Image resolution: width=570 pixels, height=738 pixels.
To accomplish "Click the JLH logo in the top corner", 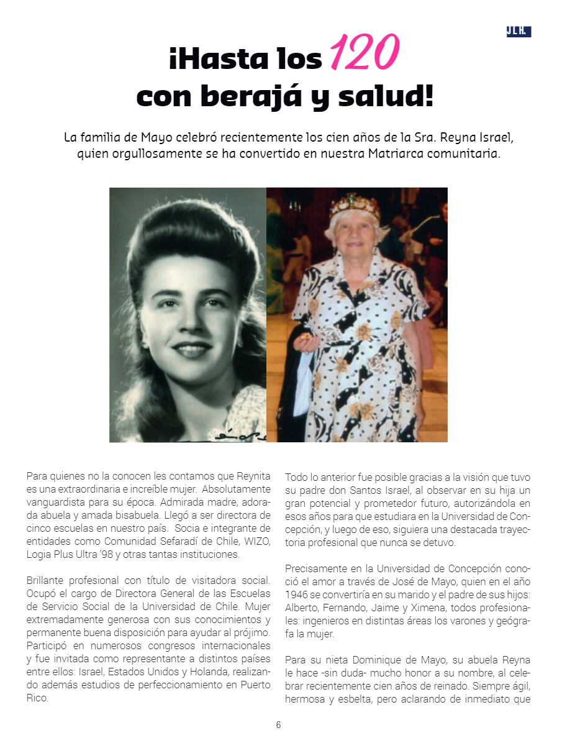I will tap(518, 32).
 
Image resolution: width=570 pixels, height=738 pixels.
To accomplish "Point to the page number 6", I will tap(279, 724).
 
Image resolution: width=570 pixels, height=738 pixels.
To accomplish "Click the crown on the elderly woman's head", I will tap(355, 206).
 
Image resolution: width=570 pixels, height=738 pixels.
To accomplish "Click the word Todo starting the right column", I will tap(296, 476).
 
